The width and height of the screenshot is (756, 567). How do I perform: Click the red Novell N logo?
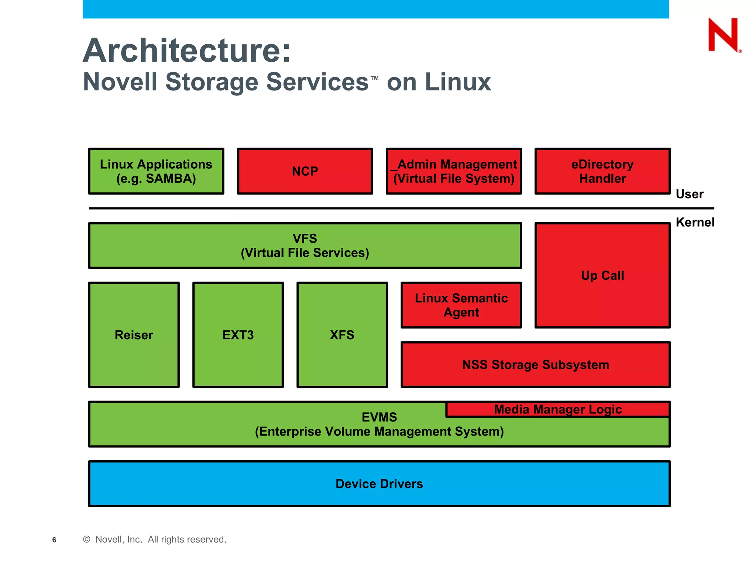(723, 35)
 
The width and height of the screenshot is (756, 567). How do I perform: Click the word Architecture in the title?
(187, 51)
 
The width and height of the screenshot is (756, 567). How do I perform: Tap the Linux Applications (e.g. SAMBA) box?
(156, 171)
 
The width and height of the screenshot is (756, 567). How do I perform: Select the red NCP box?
(305, 171)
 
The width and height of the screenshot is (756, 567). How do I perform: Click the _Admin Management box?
(454, 171)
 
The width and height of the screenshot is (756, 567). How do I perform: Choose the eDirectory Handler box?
(602, 171)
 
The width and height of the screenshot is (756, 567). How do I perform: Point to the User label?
(689, 194)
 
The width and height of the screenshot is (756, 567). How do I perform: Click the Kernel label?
(695, 222)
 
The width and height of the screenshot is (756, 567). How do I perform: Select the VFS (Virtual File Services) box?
(305, 245)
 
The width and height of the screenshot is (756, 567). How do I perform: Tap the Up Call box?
(602, 275)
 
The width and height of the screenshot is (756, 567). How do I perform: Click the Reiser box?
(134, 335)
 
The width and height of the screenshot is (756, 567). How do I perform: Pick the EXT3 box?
(238, 335)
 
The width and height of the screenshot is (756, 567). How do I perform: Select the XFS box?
(342, 335)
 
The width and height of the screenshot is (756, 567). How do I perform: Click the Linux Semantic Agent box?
(461, 305)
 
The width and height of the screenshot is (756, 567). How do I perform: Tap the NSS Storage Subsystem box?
(536, 365)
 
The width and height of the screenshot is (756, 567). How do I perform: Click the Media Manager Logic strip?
(558, 409)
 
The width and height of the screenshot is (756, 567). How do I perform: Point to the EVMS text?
(379, 417)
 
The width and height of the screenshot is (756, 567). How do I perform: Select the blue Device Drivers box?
(379, 484)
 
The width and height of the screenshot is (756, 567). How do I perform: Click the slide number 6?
(54, 540)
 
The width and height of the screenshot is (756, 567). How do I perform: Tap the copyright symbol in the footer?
(87, 539)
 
